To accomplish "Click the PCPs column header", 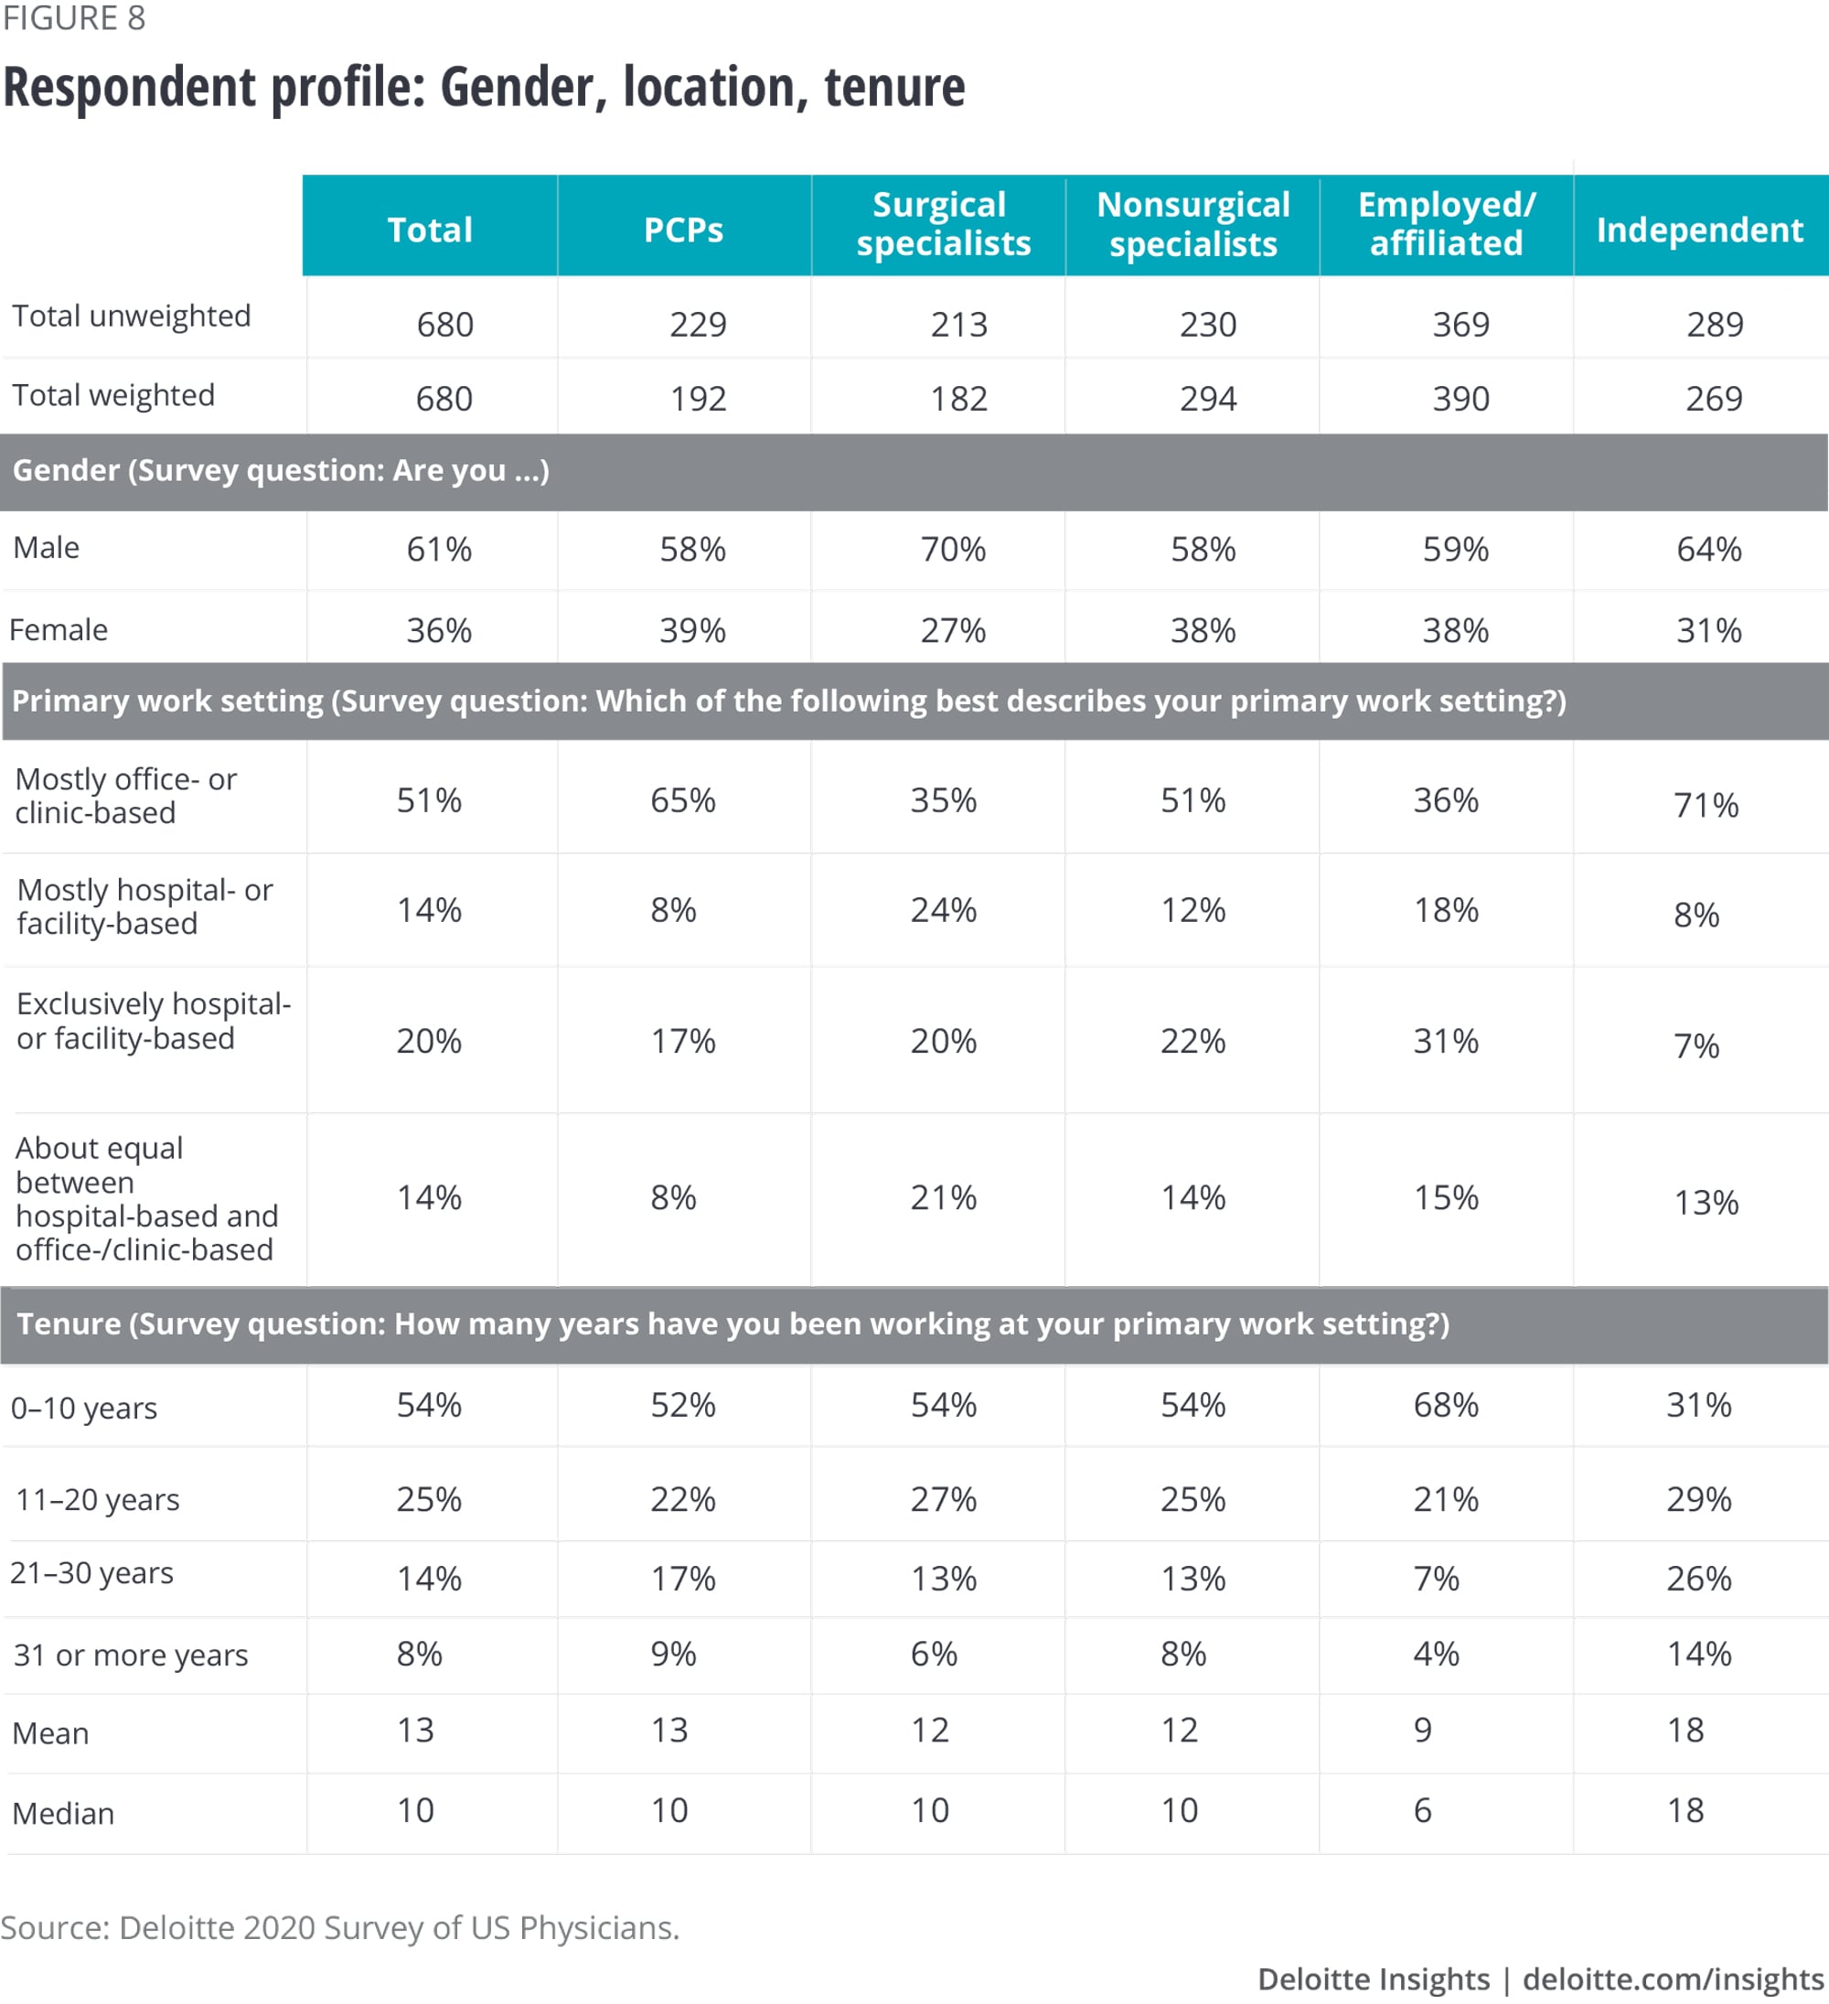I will [x=683, y=230].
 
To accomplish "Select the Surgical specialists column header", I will [x=942, y=224].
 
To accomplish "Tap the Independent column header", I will [x=1699, y=230].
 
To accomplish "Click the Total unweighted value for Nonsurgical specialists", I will [x=1208, y=324].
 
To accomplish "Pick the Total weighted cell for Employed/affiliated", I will [x=1460, y=399].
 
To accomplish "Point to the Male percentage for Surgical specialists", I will [x=952, y=549].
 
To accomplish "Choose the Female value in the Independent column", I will [x=1707, y=630].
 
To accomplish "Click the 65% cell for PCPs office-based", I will [x=683, y=800].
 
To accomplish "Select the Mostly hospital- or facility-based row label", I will [x=145, y=906].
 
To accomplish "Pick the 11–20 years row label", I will [x=98, y=1499].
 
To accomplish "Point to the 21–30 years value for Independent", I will [x=1699, y=1578].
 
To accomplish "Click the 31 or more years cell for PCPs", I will [x=673, y=1653].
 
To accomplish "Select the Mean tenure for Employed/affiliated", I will [x=1422, y=1730].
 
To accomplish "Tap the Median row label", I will [x=62, y=1813].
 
